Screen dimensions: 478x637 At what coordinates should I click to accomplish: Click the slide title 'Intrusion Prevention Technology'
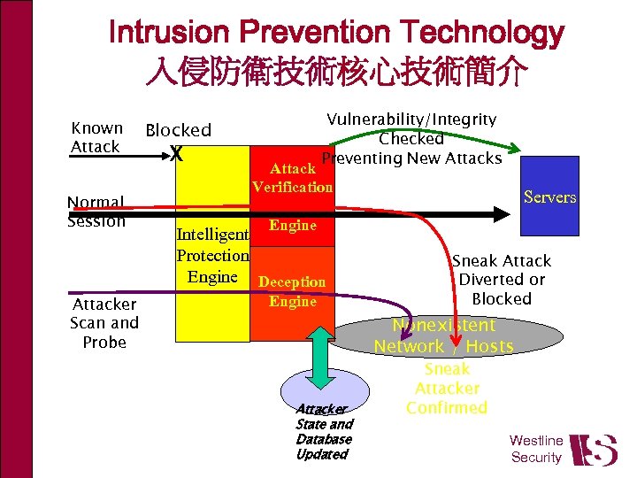(x=336, y=34)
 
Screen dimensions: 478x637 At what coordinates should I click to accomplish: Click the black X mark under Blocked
(x=177, y=154)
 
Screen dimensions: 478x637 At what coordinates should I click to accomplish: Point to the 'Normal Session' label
(x=96, y=212)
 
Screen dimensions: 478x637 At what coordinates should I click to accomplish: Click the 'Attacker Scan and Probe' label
(x=104, y=323)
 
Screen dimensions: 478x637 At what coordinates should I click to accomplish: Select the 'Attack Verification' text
(x=292, y=177)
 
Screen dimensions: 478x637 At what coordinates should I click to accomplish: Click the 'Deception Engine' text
(x=292, y=291)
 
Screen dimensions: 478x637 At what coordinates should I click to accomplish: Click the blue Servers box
(x=549, y=197)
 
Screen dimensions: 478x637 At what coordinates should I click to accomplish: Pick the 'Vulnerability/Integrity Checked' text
(x=411, y=128)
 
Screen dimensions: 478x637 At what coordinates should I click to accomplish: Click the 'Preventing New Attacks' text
(x=411, y=158)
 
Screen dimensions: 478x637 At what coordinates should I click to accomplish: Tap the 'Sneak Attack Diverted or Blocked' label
(x=502, y=280)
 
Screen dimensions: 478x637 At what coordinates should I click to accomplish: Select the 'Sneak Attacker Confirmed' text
(x=447, y=388)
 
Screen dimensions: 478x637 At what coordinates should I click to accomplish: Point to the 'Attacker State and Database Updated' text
(x=323, y=431)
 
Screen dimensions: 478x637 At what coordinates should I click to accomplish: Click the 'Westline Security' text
(x=536, y=449)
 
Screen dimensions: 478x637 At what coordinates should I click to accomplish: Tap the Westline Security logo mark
(x=593, y=449)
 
